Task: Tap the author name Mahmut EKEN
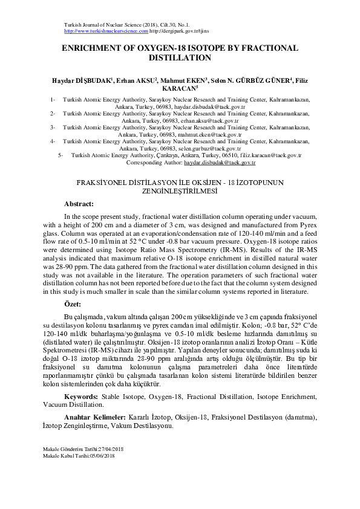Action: point(186,80)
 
